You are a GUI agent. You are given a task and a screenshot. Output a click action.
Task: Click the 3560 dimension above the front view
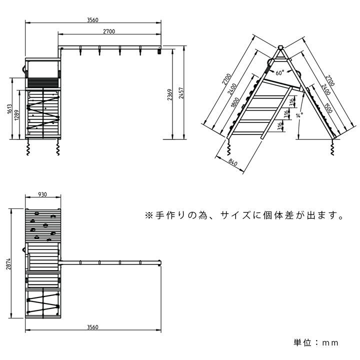coord(92,20)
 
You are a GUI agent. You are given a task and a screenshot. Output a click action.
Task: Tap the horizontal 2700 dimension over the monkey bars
coord(109,31)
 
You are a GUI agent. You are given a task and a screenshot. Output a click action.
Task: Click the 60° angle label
coord(279,72)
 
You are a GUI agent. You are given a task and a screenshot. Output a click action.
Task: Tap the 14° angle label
coord(299,116)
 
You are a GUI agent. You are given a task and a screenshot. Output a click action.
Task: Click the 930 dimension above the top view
coord(42,195)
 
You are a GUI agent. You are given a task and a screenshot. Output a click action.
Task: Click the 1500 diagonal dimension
coord(327,108)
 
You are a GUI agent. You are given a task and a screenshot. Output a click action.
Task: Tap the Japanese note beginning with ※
coord(244,216)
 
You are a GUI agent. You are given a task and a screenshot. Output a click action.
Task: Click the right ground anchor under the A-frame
coord(332,148)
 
